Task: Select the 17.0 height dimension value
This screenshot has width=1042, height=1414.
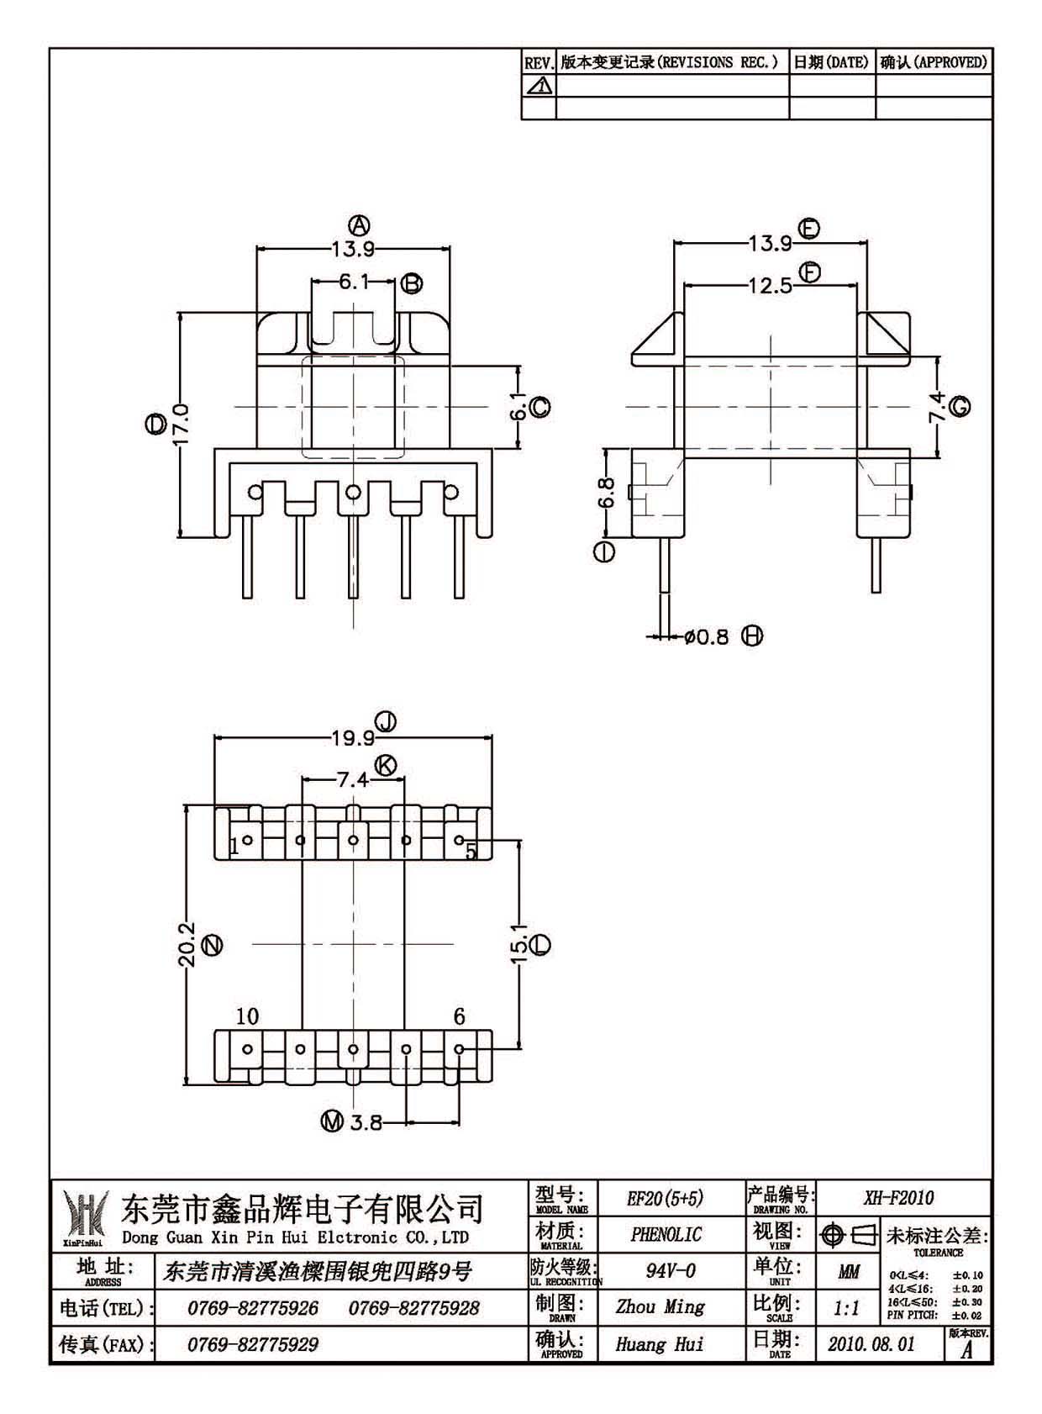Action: [x=182, y=425]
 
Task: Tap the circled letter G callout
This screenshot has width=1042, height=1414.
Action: [x=960, y=407]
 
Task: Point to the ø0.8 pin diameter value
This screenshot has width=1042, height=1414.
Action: [x=707, y=636]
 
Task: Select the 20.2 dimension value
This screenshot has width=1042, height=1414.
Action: [x=187, y=944]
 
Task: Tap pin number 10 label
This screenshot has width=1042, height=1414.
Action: [x=247, y=1016]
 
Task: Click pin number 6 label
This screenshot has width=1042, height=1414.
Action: [x=459, y=1016]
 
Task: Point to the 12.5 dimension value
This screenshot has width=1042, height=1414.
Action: [x=770, y=286]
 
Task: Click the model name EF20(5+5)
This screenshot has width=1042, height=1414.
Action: [x=665, y=1198]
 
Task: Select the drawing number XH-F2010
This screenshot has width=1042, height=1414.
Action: [x=899, y=1197]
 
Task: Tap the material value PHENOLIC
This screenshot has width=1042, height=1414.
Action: [x=666, y=1234]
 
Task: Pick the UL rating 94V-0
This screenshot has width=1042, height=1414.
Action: [x=671, y=1270]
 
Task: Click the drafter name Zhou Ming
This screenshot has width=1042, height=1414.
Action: [x=660, y=1306]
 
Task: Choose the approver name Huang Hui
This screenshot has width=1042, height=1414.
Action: [x=660, y=1344]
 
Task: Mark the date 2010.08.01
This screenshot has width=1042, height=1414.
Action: [x=871, y=1343]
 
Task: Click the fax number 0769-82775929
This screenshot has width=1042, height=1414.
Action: [x=252, y=1344]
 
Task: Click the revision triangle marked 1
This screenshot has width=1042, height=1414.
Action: [x=539, y=85]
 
